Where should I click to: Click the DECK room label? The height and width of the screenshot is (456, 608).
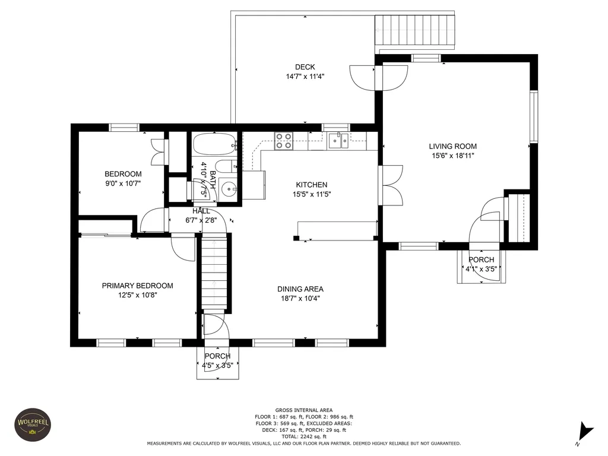(305, 67)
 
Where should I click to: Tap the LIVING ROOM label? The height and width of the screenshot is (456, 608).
(452, 146)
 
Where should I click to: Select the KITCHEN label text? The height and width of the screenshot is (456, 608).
(311, 185)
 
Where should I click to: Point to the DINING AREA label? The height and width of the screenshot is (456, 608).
(300, 289)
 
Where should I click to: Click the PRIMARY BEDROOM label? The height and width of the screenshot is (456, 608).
(137, 286)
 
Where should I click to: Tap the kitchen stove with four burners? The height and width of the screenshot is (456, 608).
(283, 141)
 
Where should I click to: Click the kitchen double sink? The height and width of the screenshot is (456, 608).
(338, 141)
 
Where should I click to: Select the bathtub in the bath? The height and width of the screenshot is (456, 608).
(214, 144)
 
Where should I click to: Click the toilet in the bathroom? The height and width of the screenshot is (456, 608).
(226, 167)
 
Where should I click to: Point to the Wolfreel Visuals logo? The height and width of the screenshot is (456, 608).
(33, 425)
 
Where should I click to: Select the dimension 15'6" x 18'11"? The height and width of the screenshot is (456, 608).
(453, 156)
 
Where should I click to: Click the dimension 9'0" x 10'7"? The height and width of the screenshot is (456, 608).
(123, 183)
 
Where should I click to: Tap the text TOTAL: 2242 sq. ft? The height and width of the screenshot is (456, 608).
(304, 436)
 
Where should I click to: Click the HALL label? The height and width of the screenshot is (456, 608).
(201, 211)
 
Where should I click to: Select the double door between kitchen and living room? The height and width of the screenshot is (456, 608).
(391, 185)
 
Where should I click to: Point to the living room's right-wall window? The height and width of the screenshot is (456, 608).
(534, 116)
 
